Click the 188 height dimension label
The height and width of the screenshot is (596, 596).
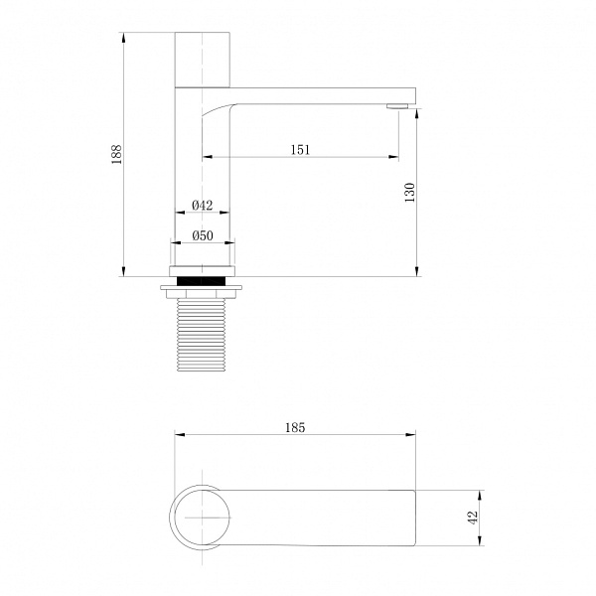pyautogui.click(x=116, y=154)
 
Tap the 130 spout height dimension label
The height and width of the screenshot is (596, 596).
pyautogui.click(x=409, y=193)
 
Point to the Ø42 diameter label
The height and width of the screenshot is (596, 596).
pyautogui.click(x=203, y=206)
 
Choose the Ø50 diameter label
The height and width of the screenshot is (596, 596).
pyautogui.click(x=203, y=235)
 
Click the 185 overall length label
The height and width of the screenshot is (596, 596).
pyautogui.click(x=295, y=427)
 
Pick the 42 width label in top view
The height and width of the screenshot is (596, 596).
pyautogui.click(x=472, y=518)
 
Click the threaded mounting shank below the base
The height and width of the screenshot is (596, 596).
pyautogui.click(x=202, y=335)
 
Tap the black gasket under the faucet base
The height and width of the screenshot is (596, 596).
pyautogui.click(x=202, y=281)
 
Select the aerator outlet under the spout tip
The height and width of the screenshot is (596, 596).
pyautogui.click(x=397, y=106)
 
